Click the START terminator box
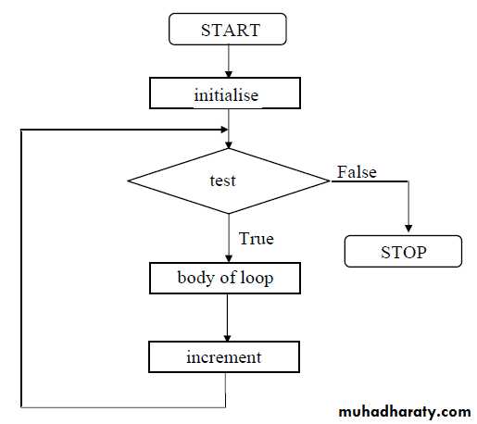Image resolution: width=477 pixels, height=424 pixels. (228, 29)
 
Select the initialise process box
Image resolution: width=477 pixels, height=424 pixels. (225, 93)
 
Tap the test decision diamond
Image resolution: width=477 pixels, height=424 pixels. (229, 181)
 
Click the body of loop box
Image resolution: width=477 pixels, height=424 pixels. (225, 278)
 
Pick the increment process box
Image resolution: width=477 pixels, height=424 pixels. (224, 356)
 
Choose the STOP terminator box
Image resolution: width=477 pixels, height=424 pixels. (403, 251)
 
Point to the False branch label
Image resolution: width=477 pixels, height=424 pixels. (357, 172)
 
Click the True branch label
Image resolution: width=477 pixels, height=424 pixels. (257, 239)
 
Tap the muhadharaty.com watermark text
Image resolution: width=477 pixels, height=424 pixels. (405, 412)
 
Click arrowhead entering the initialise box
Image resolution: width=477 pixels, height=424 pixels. (229, 74)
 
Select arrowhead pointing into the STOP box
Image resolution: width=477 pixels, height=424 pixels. (408, 229)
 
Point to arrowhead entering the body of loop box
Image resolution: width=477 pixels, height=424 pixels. (229, 258)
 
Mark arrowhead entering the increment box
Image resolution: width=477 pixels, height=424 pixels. (227, 338)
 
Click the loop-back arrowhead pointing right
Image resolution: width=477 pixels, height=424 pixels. (225, 130)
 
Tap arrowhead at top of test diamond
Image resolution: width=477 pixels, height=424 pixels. (229, 144)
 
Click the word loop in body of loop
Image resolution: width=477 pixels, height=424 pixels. (257, 279)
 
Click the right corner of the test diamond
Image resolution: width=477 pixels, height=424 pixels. (330, 181)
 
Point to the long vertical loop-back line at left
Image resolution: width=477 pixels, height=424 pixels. (21, 268)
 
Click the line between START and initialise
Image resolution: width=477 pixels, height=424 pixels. (229, 61)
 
